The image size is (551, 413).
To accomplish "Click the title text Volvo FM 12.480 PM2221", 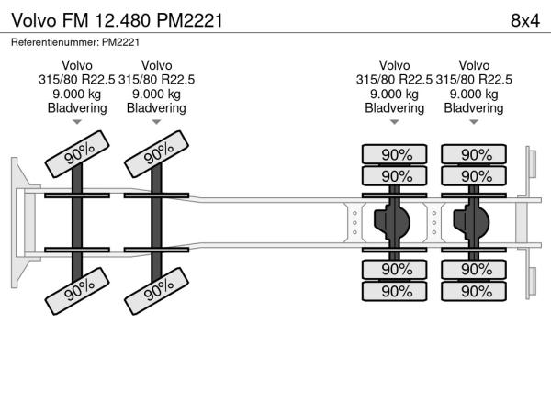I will [116, 19].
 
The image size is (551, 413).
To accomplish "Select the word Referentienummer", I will [53, 41].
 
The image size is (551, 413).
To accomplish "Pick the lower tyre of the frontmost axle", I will [77, 290].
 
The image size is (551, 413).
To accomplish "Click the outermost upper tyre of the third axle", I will [395, 155].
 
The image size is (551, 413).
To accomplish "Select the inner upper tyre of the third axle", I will [395, 176].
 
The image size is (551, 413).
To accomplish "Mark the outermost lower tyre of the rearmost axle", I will [474, 291].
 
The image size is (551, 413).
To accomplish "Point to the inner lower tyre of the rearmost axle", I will [474, 270].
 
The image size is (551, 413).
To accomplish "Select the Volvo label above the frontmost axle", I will [77, 65].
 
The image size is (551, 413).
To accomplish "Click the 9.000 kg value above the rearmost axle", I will [474, 94].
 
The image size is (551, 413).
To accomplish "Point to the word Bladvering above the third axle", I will [395, 108].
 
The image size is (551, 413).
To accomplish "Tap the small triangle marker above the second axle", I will [157, 122].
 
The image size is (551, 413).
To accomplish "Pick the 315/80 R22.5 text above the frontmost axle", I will [77, 79].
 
